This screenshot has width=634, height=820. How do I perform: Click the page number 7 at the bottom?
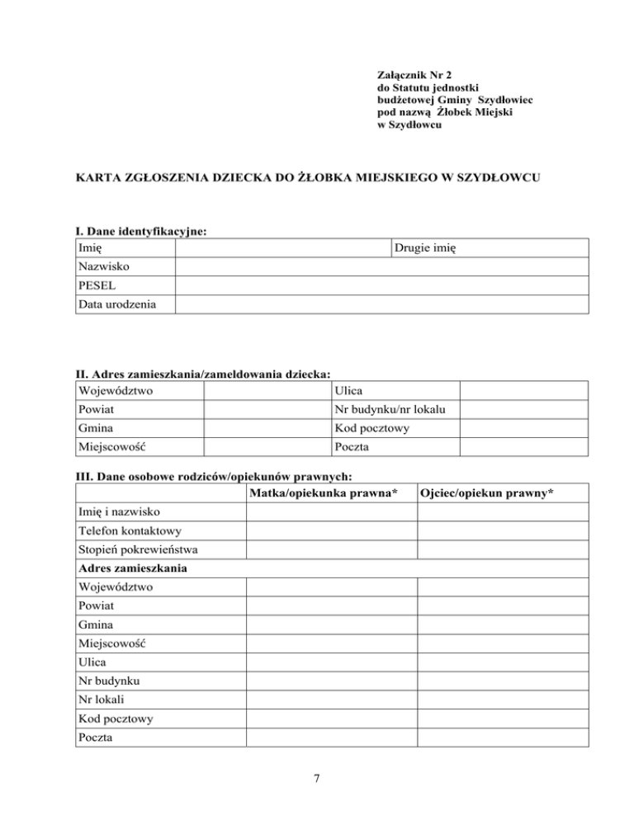click(x=316, y=778)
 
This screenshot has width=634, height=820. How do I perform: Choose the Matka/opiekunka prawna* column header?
click(x=329, y=493)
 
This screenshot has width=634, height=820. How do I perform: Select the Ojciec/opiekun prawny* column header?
click(x=486, y=493)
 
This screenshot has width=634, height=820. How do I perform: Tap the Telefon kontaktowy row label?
click(x=130, y=531)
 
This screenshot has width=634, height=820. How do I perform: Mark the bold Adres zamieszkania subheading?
click(x=131, y=569)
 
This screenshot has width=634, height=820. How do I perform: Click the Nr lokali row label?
click(x=102, y=700)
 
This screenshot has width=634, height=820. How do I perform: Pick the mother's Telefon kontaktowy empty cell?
click(x=330, y=531)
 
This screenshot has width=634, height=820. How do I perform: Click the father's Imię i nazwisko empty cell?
click(x=502, y=512)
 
